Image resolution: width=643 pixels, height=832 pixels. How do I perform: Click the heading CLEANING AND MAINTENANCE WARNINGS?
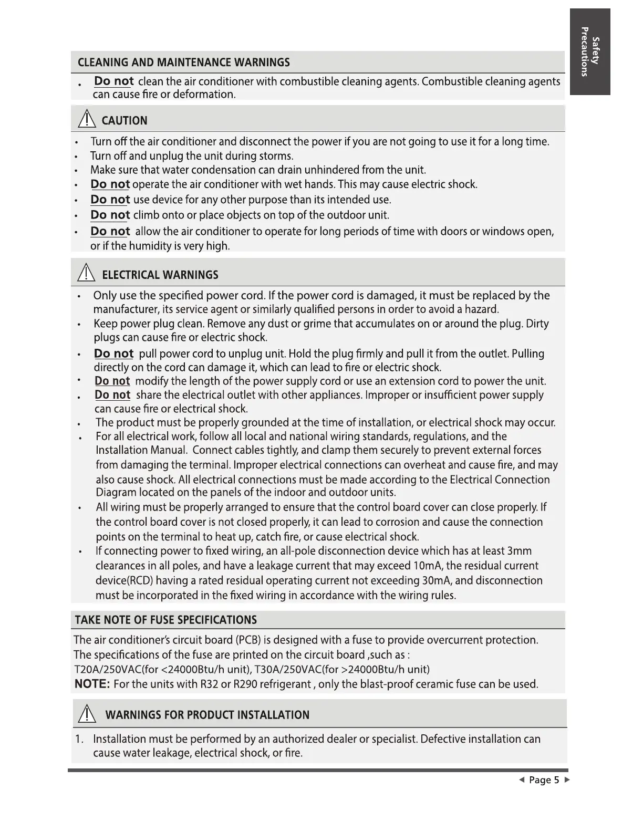tap(183, 63)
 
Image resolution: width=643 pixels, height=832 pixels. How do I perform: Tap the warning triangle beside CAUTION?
tap(86, 120)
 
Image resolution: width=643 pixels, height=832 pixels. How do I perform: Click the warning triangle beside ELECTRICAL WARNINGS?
tap(86, 274)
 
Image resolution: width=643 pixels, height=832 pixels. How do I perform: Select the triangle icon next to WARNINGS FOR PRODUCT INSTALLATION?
tap(86, 714)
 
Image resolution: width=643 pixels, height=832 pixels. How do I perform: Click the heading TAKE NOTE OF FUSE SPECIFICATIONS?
tap(166, 620)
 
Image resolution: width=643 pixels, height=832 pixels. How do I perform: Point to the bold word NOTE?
tap(92, 684)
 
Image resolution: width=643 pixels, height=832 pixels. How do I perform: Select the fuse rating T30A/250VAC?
tap(286, 670)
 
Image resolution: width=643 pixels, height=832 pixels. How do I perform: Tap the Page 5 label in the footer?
tap(544, 780)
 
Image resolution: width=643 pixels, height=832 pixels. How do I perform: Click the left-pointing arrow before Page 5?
tap(522, 780)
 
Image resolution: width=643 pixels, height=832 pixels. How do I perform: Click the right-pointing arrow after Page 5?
tap(567, 780)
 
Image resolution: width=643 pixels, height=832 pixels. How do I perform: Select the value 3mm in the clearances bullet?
tap(520, 551)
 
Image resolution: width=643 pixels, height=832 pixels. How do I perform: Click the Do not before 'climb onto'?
tap(110, 215)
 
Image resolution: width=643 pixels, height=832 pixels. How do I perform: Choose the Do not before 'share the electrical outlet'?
tap(112, 395)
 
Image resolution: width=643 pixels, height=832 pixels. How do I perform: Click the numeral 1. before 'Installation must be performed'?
tap(79, 739)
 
